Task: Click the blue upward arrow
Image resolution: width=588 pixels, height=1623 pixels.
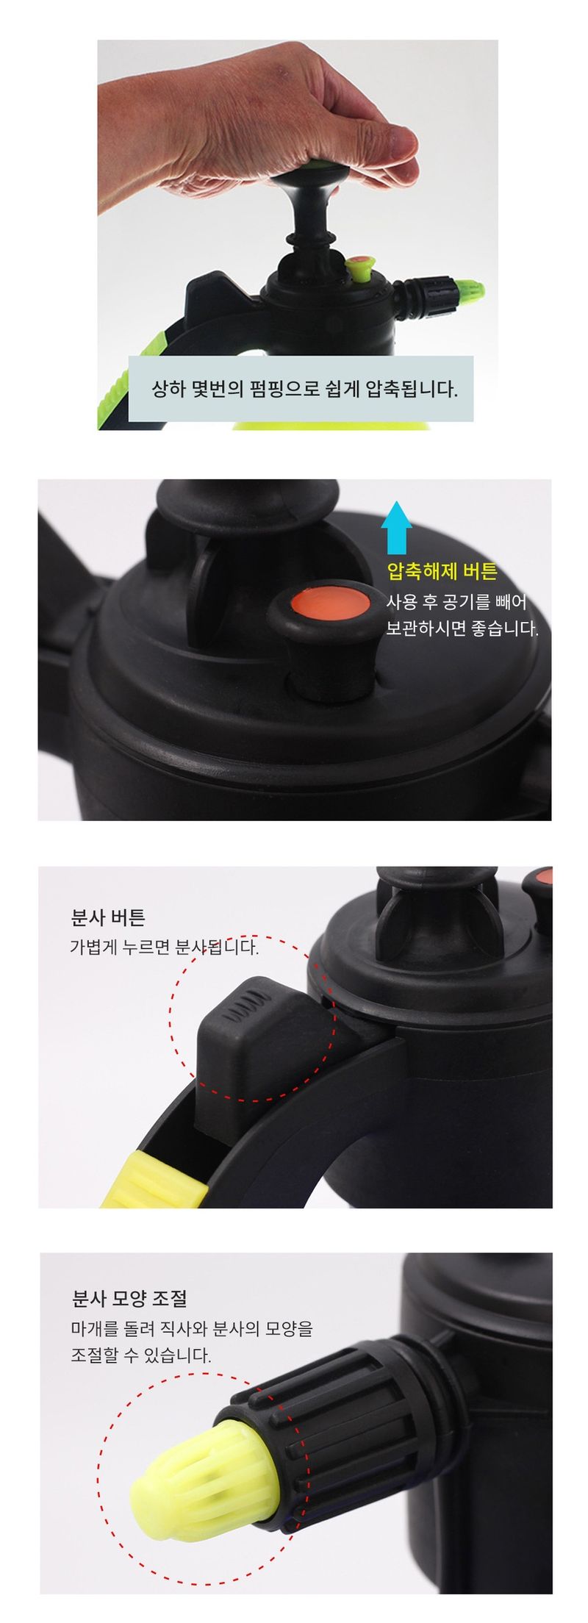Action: (396, 527)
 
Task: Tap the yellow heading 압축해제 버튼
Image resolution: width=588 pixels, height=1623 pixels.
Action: (442, 571)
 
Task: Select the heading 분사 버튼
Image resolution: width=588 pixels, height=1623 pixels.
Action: (108, 917)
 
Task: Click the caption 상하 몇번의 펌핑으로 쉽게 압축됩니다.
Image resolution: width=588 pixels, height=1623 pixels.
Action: (304, 388)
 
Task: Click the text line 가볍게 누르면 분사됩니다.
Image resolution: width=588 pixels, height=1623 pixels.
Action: (164, 947)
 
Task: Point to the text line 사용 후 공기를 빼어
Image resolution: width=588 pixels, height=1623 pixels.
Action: (456, 602)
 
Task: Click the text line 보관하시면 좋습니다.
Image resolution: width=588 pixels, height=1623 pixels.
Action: (462, 629)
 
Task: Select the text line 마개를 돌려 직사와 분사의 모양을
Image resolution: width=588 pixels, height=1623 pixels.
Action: (192, 1328)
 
